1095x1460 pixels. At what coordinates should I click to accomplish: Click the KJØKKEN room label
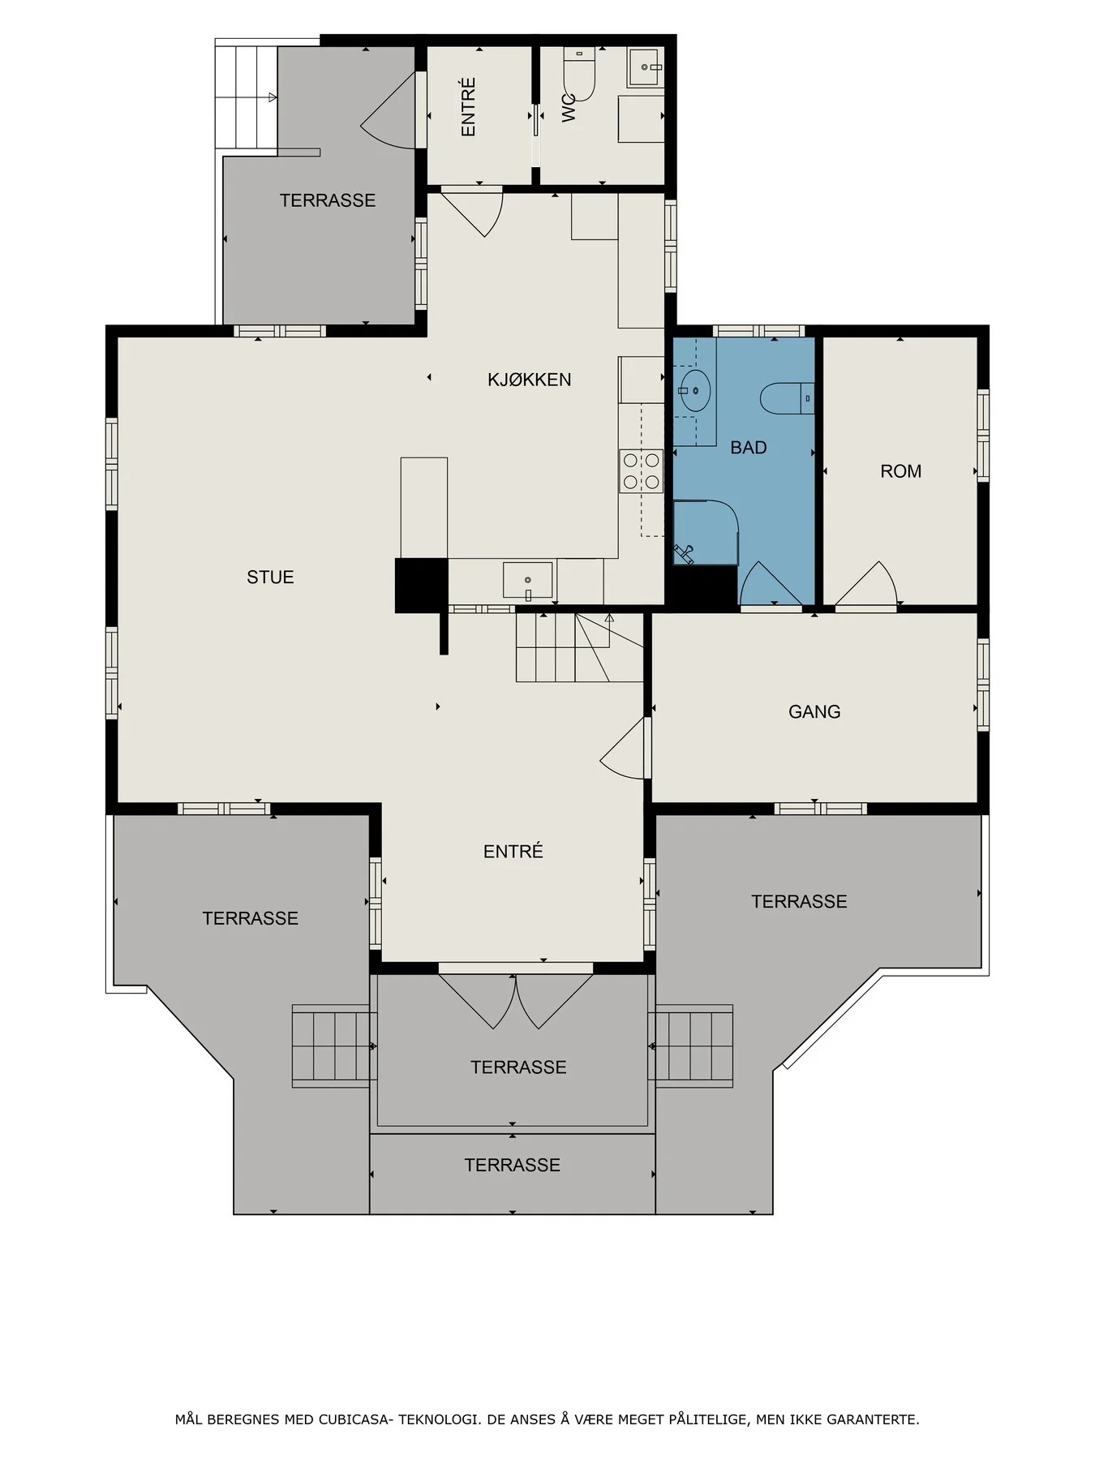529,380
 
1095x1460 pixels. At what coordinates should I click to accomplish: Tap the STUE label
270,578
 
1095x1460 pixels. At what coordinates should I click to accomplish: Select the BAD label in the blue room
748,448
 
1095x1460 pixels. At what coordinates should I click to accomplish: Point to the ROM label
900,471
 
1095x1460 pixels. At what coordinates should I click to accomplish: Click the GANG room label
814,712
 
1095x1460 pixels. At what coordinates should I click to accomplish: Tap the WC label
569,108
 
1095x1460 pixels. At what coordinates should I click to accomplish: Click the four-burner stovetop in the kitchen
642,471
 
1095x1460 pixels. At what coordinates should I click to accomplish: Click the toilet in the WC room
579,77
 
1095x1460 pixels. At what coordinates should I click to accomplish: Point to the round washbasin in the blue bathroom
695,391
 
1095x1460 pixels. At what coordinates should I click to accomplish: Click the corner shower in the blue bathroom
706,532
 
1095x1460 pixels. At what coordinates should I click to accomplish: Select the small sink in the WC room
646,67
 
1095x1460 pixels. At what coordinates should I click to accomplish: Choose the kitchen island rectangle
424,508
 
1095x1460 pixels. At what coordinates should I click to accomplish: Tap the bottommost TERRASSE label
513,1166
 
